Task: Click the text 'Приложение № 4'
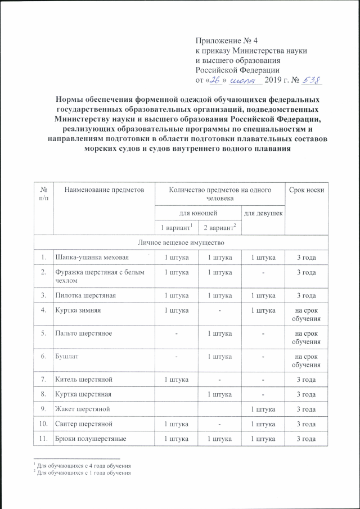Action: pyautogui.click(x=226, y=40)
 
